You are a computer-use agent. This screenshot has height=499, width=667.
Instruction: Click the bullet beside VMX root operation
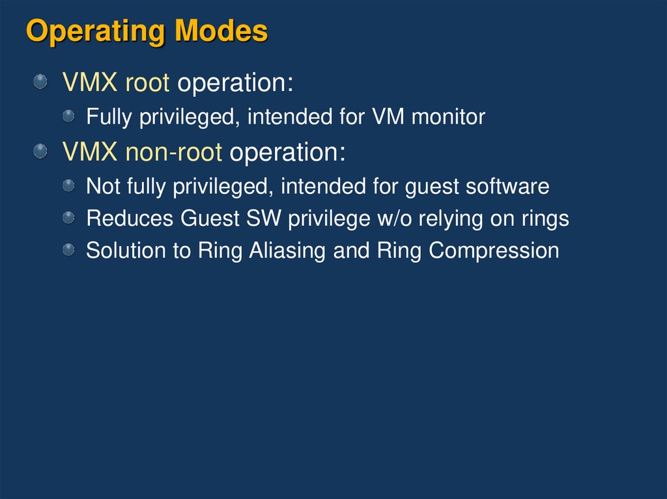pyautogui.click(x=41, y=82)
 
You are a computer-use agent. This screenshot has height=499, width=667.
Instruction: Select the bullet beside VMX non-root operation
pyautogui.click(x=41, y=152)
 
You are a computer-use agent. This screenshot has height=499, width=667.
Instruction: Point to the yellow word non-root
pyautogui.click(x=174, y=152)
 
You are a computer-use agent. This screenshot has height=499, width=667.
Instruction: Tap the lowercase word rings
pyautogui.click(x=545, y=219)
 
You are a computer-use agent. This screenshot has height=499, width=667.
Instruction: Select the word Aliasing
pyautogui.click(x=288, y=250)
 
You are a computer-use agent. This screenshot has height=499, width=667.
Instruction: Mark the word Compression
pyautogui.click(x=494, y=250)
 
